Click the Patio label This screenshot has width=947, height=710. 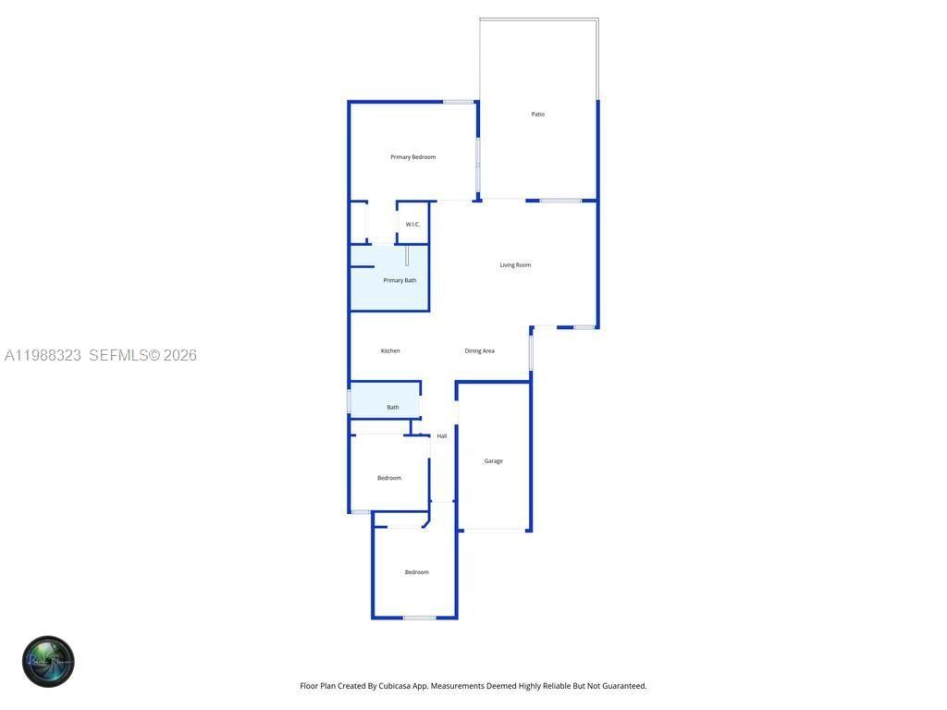click(x=537, y=115)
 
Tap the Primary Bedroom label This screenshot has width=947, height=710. click(x=412, y=157)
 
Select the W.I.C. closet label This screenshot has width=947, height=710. click(x=412, y=225)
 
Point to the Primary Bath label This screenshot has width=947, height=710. click(x=400, y=280)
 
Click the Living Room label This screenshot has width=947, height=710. click(x=515, y=265)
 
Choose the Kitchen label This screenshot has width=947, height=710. click(x=390, y=351)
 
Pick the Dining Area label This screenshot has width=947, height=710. click(x=479, y=351)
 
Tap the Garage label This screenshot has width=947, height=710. click(x=494, y=461)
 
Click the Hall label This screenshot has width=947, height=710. click(x=442, y=436)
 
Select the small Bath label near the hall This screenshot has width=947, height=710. click(x=393, y=407)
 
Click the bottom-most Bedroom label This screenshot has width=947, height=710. click(x=416, y=572)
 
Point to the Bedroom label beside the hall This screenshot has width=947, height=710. click(x=389, y=478)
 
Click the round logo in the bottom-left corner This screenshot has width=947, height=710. click(x=48, y=662)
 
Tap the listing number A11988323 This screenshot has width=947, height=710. click(x=43, y=355)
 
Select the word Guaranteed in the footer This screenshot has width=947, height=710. click(x=621, y=686)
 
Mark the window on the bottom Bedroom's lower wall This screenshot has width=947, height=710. click(x=419, y=618)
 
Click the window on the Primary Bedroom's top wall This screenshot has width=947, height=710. click(x=458, y=102)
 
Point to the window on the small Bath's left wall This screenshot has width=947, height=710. click(x=349, y=401)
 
